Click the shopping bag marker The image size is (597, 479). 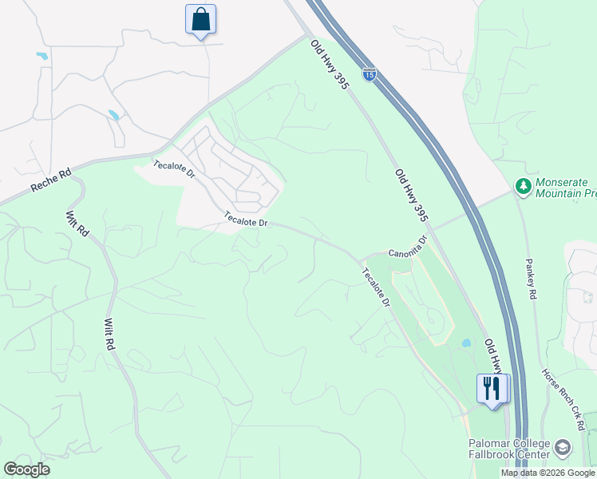[200, 19]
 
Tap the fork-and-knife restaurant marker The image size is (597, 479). [492, 390]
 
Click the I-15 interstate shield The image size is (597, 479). [369, 74]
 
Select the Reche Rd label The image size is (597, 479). [51, 184]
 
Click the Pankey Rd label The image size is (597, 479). [530, 278]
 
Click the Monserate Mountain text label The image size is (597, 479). [566, 187]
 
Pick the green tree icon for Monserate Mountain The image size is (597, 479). [524, 186]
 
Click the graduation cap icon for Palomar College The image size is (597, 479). [563, 447]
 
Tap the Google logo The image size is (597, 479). [27, 469]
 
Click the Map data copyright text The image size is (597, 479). [548, 473]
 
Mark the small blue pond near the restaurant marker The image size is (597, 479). [465, 343]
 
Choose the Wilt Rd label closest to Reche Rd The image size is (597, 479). [77, 222]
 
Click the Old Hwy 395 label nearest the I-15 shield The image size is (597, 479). [330, 64]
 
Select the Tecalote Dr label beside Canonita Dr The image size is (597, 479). [375, 287]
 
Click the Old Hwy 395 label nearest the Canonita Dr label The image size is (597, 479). [412, 195]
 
